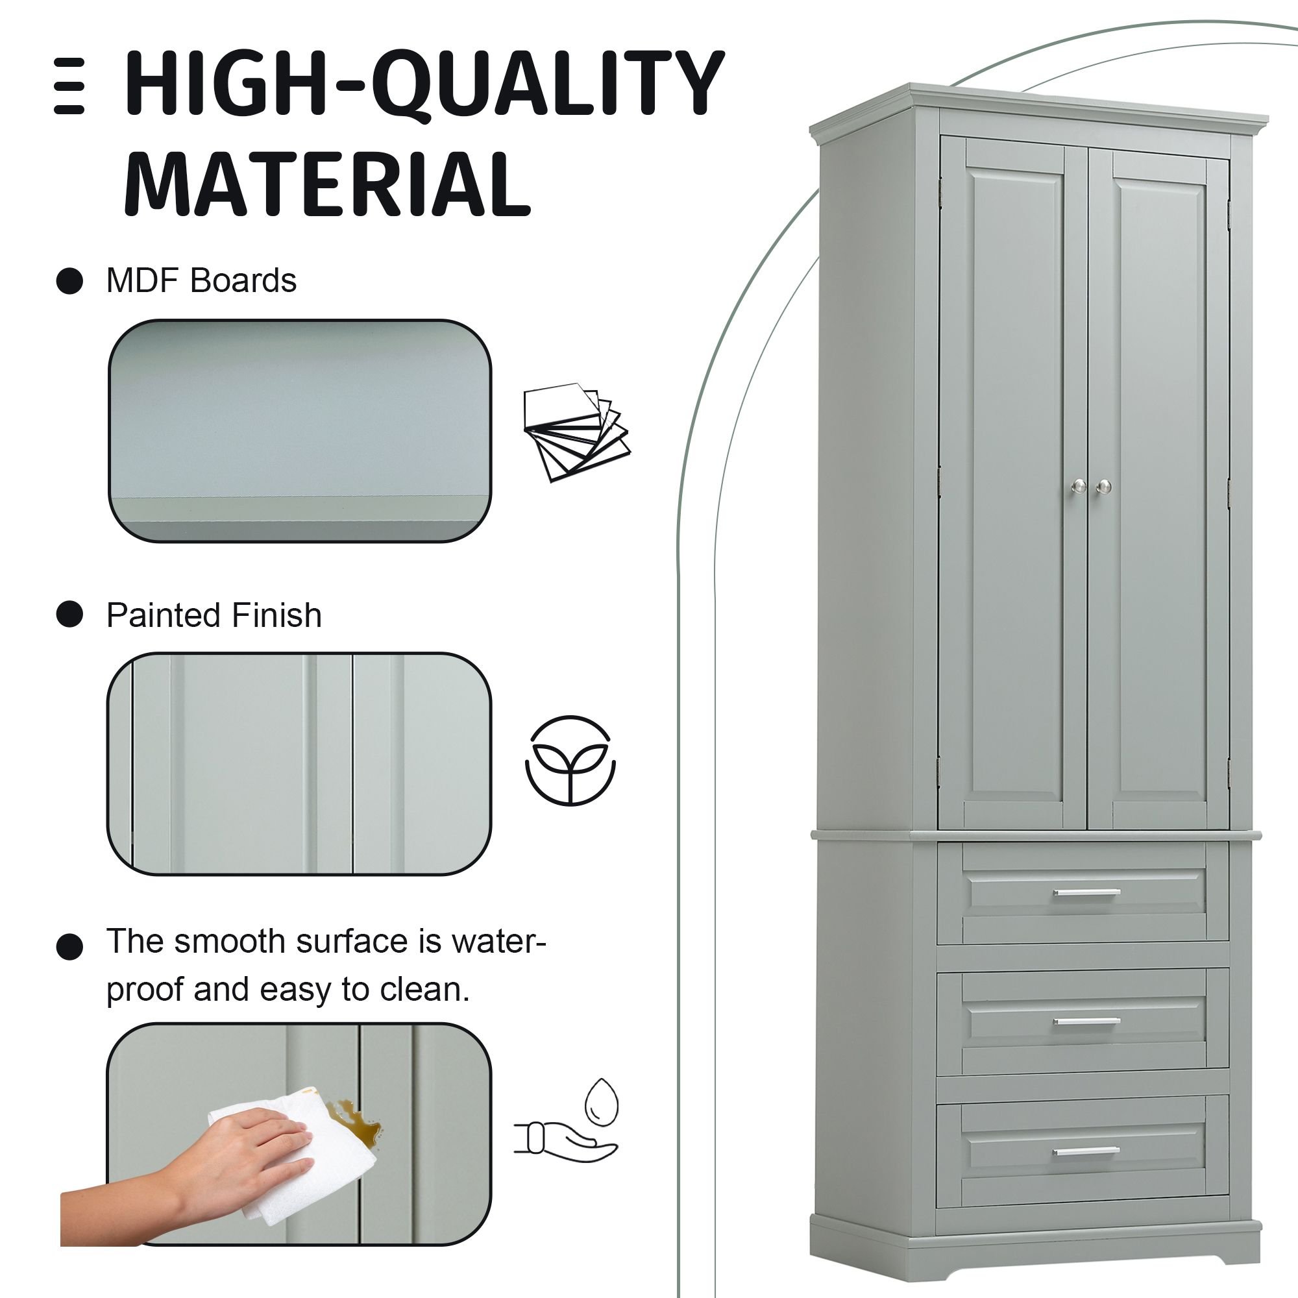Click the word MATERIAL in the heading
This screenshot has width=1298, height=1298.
coord(328,184)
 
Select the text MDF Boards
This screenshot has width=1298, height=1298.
coord(202,280)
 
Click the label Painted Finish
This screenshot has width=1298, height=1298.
coord(214,615)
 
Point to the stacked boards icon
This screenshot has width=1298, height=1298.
coord(577,432)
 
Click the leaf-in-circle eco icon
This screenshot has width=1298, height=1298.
coord(570,761)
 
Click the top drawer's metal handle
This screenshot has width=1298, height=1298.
coord(1086,894)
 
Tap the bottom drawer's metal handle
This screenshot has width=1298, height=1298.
coord(1086,1151)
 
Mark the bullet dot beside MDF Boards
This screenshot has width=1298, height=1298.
coord(69,281)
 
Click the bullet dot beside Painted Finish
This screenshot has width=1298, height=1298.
coord(69,614)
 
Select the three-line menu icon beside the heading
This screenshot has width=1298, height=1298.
coord(69,86)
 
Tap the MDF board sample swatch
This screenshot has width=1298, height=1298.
coord(300,431)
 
